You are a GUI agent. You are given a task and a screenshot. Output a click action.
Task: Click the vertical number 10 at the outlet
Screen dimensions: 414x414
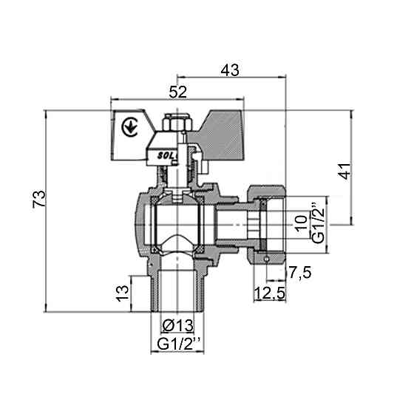coord(300,223)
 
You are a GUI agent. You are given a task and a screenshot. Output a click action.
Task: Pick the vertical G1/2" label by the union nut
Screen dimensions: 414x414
coord(318,222)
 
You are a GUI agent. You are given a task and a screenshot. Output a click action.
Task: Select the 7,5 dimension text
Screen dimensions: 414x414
coord(300,273)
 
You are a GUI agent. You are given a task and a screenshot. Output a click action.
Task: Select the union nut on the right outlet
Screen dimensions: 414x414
coord(267,221)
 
